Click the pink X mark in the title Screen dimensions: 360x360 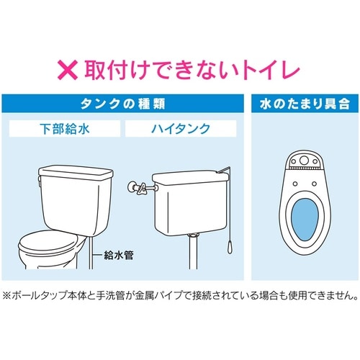point(68,70)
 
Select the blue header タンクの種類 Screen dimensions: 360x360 point(122,104)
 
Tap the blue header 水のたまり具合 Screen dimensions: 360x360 point(305,104)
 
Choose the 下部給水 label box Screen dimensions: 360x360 point(65,129)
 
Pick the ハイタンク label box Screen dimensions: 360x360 point(181,129)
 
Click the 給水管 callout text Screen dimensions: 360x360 point(118,255)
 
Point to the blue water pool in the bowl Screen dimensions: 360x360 point(305,220)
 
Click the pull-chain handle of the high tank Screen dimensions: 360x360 point(229,247)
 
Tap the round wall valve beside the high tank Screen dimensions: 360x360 point(132,187)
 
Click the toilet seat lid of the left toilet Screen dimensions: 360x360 point(48,241)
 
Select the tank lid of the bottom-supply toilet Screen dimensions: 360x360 point(76,173)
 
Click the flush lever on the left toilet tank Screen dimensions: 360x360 point(40,181)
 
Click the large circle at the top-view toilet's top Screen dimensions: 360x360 point(304,160)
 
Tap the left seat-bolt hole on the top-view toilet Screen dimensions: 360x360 point(295,184)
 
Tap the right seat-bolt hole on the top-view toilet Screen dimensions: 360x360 point(314,184)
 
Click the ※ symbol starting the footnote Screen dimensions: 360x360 point(6,295)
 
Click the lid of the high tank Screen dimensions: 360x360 point(190,177)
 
